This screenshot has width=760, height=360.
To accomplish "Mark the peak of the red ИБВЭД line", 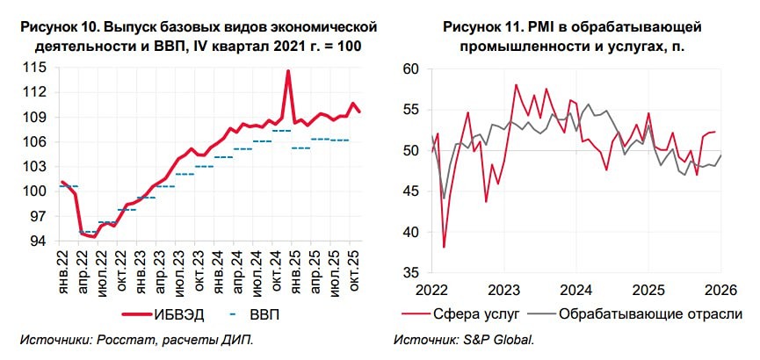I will tap(287, 71).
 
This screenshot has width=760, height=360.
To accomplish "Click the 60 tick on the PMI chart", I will tap(409, 69).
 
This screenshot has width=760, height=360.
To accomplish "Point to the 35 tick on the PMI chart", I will tap(409, 273).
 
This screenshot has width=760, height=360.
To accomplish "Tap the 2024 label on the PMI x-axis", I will tap(577, 291).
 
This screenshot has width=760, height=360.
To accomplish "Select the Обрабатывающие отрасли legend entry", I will tap(650, 313).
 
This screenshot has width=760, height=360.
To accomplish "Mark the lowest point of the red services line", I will tap(444, 247).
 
